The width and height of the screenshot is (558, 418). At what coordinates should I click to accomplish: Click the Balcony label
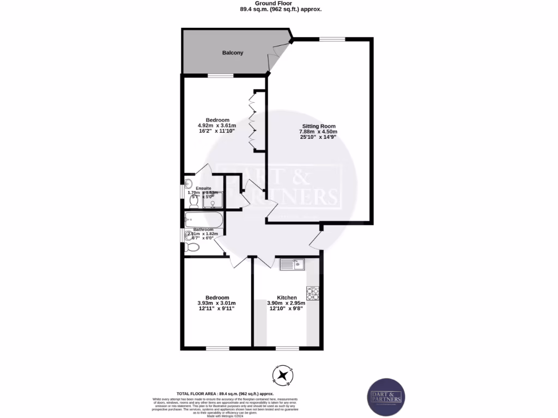[x=233, y=53]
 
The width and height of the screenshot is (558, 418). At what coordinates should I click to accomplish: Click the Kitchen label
[x=287, y=298]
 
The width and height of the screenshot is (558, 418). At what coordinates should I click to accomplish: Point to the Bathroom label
[x=203, y=230]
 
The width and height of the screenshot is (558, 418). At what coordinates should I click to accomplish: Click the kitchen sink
[x=292, y=265]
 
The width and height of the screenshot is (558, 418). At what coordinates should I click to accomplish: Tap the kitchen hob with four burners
[x=313, y=293]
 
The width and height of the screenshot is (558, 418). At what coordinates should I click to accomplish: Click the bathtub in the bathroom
[x=203, y=220]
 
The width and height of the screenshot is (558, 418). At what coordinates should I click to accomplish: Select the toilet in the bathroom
[x=192, y=248]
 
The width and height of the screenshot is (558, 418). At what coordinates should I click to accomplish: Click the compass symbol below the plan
[x=283, y=374]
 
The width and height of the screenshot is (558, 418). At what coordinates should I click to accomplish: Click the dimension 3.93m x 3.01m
[x=217, y=303]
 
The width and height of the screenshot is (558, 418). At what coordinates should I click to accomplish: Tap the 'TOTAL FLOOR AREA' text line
[x=225, y=394]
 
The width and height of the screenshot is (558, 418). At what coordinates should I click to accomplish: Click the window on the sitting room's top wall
[x=332, y=38]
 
